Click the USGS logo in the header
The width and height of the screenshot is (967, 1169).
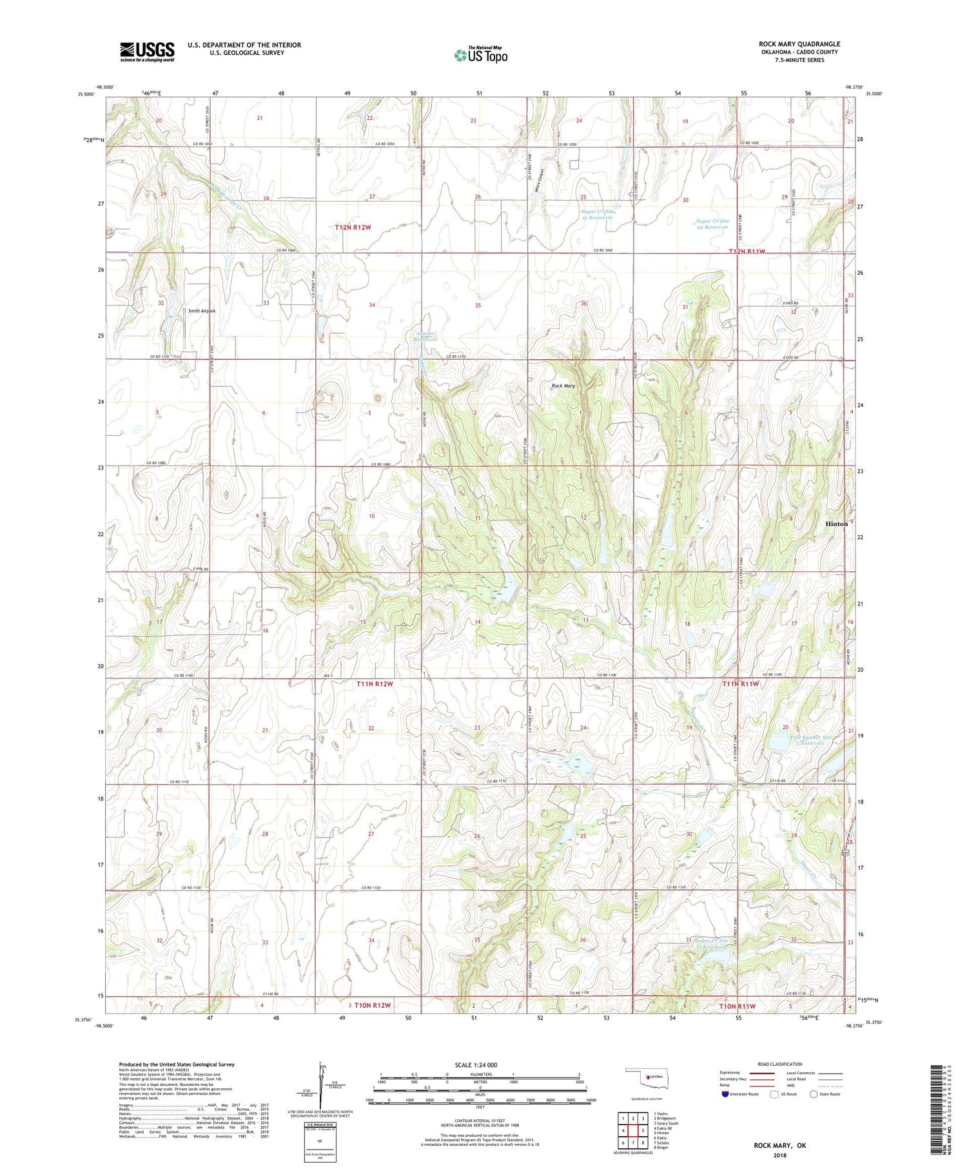click(147, 52)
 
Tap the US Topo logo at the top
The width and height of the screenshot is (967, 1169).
click(480, 55)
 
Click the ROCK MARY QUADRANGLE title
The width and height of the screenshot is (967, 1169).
click(799, 44)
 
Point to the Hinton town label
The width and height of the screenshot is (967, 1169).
click(836, 524)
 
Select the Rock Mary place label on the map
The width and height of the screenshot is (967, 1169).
click(563, 386)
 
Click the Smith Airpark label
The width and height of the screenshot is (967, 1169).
click(202, 311)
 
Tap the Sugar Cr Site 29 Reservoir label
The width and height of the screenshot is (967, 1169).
click(712, 224)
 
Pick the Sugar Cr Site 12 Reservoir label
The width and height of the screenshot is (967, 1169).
click(596, 214)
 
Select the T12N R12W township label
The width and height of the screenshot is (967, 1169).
click(353, 228)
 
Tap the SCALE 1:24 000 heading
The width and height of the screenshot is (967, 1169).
click(480, 1065)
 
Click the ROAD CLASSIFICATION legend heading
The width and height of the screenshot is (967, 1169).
click(780, 1064)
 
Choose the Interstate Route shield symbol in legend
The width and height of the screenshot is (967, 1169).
click(725, 1094)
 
